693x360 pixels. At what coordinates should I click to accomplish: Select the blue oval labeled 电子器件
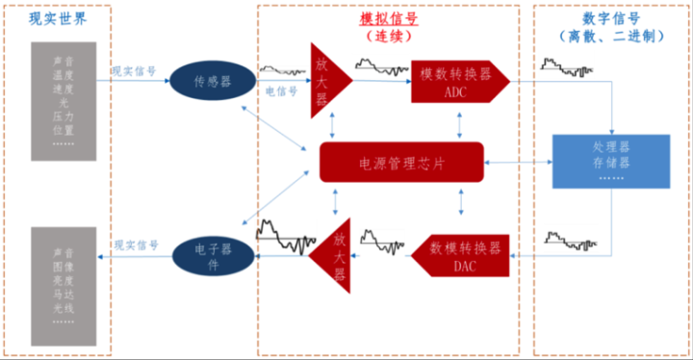pos(213,254)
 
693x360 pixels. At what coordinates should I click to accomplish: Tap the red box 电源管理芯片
pos(400,163)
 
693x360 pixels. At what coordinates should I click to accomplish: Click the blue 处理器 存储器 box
pos(610,162)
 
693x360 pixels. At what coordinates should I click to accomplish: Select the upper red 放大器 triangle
pos(325,79)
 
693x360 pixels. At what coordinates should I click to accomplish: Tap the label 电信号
pos(281,92)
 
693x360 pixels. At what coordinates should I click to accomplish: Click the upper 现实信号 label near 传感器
pos(134,70)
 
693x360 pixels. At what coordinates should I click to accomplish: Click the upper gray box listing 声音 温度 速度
pos(64,101)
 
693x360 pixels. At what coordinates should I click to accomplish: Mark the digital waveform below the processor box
pos(567,240)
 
